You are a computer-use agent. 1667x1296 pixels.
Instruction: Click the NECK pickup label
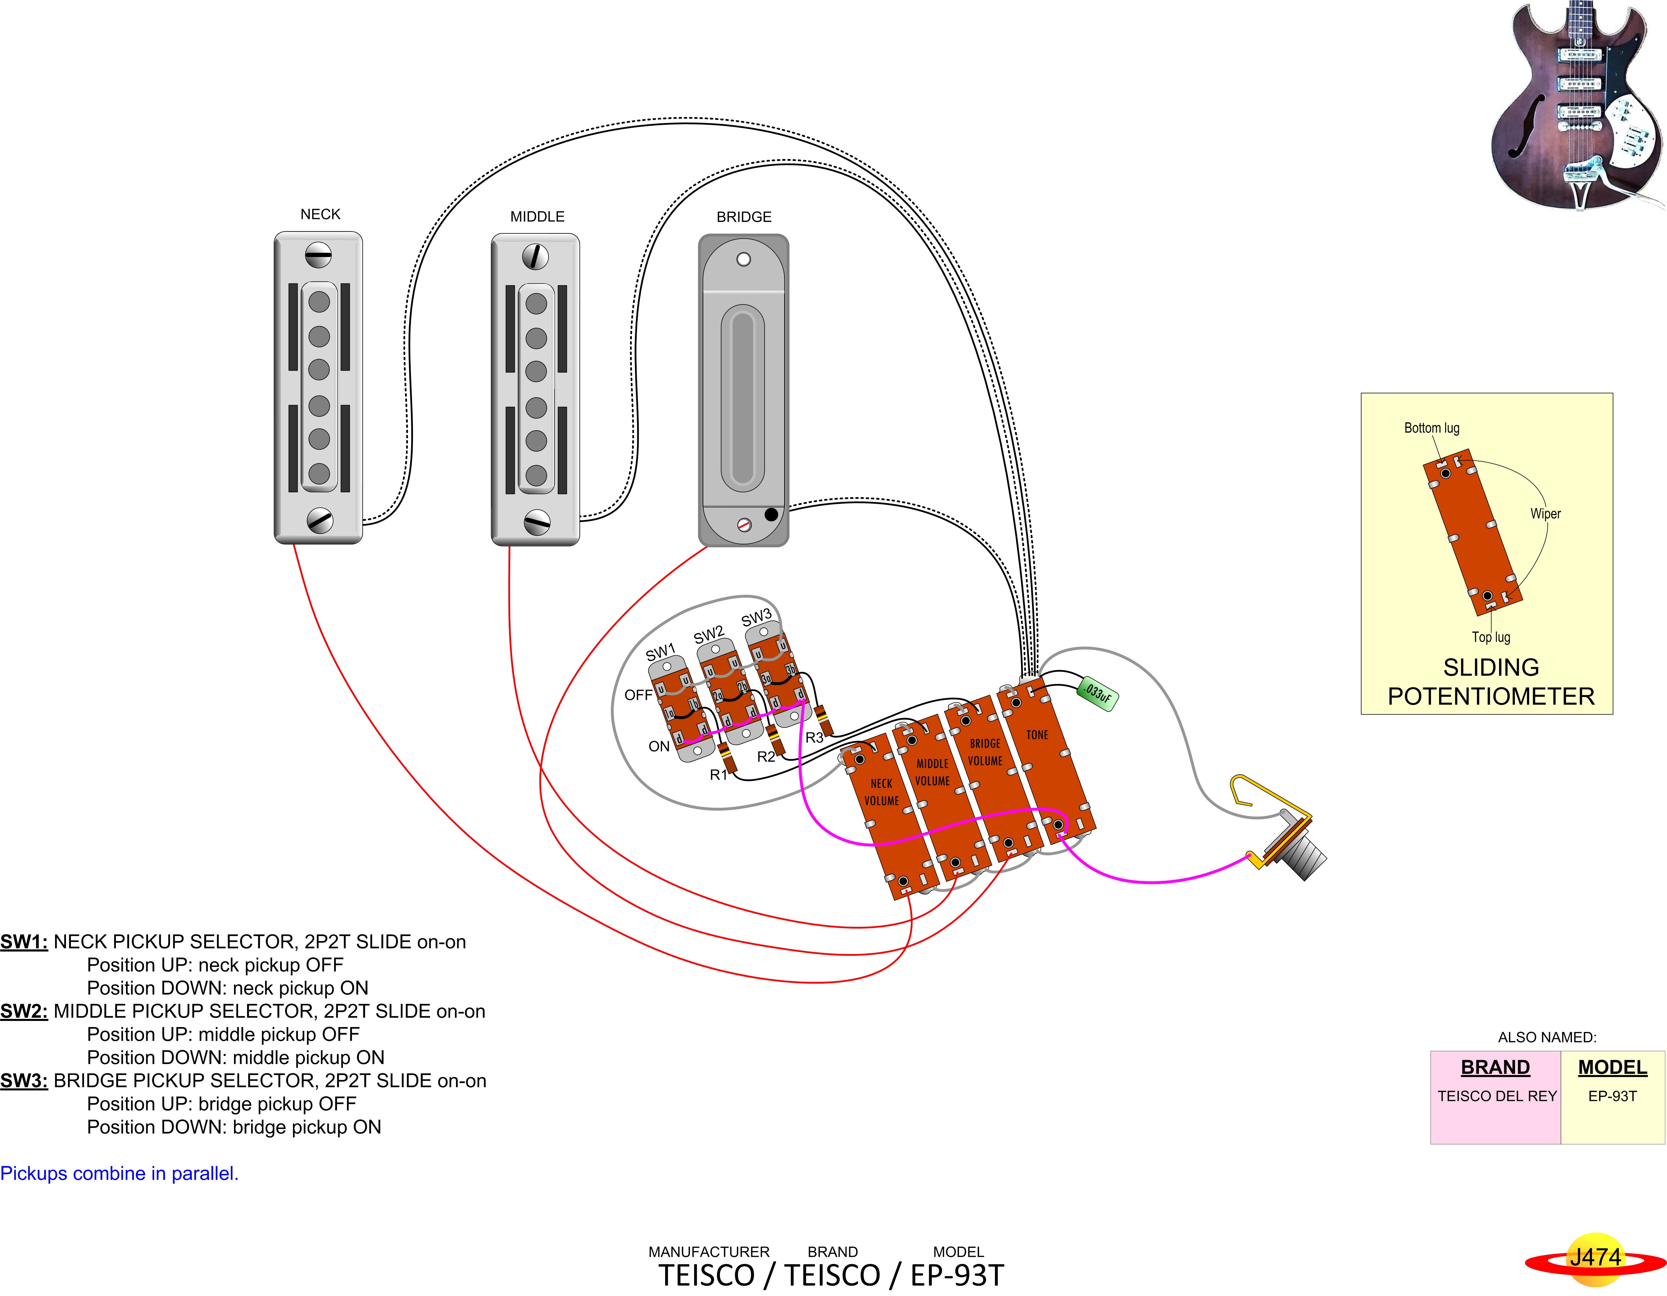321,215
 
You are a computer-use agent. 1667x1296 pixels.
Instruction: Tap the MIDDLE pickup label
537,217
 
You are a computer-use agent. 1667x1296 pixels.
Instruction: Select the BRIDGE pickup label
744,217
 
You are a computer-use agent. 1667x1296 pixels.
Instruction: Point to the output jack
1282,832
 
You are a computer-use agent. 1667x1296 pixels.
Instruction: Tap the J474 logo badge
1595,1258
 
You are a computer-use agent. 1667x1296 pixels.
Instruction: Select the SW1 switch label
660,653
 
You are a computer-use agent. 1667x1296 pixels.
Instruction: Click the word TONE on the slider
1037,735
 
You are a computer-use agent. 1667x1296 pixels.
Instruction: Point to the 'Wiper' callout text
1546,514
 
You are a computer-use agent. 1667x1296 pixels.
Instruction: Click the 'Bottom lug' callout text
1432,428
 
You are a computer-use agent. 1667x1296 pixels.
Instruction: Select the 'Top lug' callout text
1491,636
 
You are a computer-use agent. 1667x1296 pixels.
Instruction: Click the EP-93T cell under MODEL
1612,1096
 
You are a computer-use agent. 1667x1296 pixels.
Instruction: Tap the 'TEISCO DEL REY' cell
1497,1096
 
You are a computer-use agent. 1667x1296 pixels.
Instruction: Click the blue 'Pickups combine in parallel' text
119,1173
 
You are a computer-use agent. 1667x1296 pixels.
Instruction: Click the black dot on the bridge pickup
771,515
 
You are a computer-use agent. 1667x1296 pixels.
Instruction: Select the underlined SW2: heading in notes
24,1011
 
